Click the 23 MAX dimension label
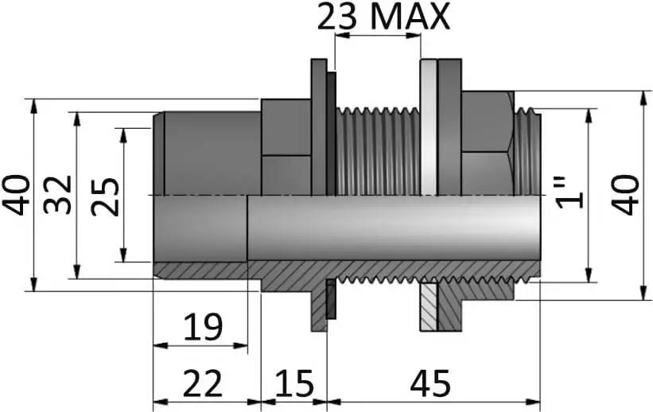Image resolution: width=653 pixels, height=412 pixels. (x=383, y=17)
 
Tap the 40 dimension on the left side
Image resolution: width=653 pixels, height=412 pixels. (x=16, y=196)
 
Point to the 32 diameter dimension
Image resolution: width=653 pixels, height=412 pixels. (x=57, y=196)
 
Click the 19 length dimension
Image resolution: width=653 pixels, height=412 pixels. (x=204, y=327)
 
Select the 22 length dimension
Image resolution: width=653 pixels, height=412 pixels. (x=203, y=383)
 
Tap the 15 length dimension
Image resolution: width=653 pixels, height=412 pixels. (x=294, y=383)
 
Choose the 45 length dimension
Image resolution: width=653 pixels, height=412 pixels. (x=430, y=383)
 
